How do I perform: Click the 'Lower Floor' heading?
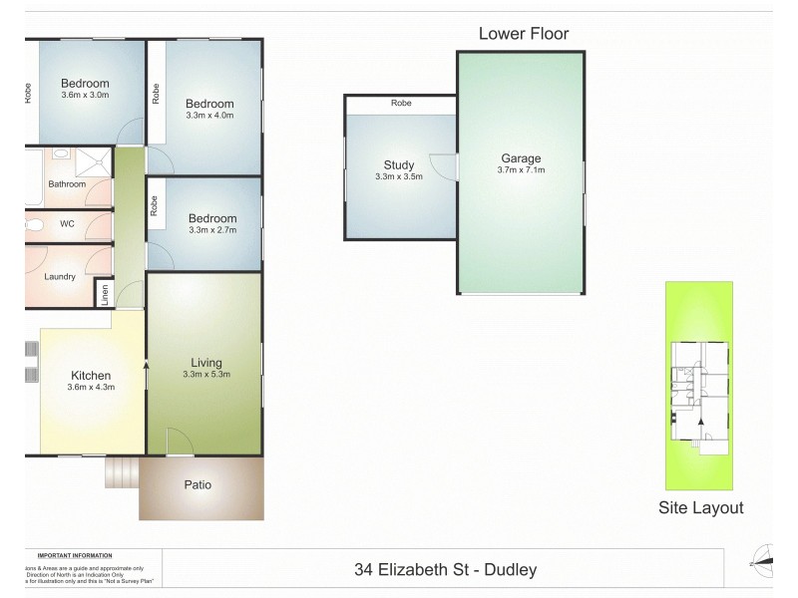coord(524,34)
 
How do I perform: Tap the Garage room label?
coord(520,158)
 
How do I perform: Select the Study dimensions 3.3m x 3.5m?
coord(399,176)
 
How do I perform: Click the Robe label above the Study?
coord(401,104)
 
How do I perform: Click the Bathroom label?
coord(67,184)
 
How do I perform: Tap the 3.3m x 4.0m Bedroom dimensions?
coord(209,116)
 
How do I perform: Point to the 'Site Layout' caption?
coord(701,507)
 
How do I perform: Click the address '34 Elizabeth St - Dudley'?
coord(446,570)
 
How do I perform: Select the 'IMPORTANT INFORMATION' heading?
coord(75,555)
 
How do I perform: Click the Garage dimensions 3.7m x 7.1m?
coord(521,170)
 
